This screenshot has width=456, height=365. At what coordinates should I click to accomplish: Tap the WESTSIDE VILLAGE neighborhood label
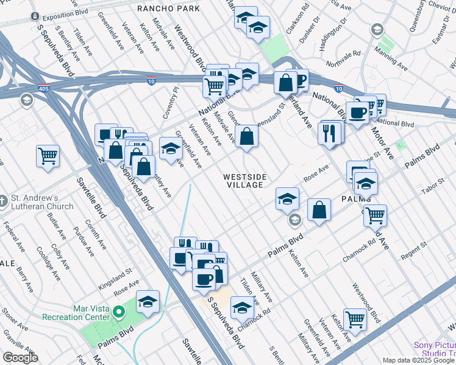[244, 181]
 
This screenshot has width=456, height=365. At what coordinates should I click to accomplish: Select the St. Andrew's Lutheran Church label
[42, 202]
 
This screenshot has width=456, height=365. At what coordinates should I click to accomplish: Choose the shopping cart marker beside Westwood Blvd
[354, 318]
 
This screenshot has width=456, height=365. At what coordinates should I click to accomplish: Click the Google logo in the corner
[20, 358]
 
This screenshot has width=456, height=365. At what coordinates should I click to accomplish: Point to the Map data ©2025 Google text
[419, 360]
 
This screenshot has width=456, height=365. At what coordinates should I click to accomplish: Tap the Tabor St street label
[434, 189]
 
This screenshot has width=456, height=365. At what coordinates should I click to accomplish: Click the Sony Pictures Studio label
[435, 349]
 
